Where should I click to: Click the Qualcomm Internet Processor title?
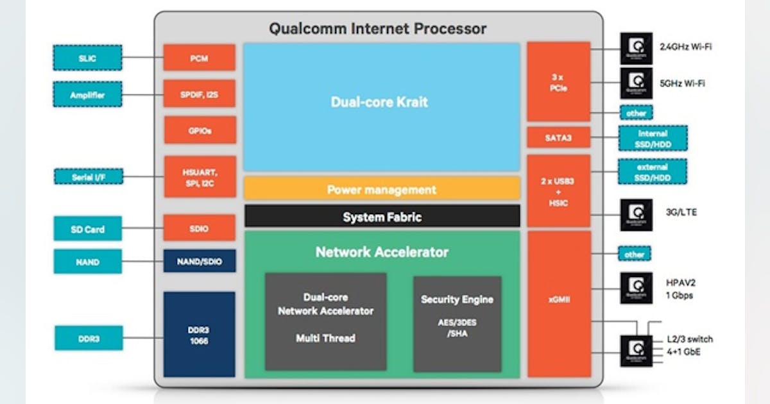click(377, 29)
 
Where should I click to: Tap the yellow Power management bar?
click(381, 189)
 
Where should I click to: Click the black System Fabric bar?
click(381, 217)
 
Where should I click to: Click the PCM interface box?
click(199, 58)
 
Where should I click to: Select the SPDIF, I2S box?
click(199, 94)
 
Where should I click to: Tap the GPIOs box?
click(199, 130)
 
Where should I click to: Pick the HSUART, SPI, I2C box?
click(199, 176)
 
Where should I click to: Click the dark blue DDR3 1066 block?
click(199, 334)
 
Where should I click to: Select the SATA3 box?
click(558, 137)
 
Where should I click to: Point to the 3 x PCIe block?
click(558, 81)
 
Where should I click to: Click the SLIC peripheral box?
click(87, 58)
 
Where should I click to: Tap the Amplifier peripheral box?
click(87, 95)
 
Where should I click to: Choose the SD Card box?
click(87, 229)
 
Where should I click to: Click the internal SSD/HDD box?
click(653, 137)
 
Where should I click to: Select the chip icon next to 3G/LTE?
click(636, 215)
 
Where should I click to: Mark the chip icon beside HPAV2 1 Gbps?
click(636, 288)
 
